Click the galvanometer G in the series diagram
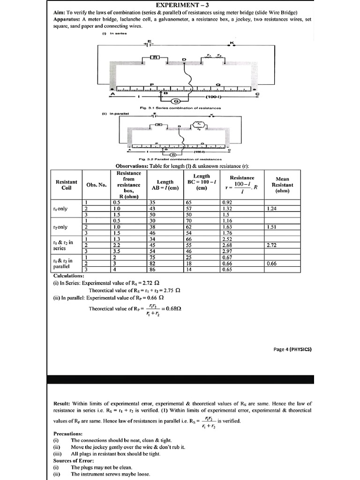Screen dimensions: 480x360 tap(176, 101)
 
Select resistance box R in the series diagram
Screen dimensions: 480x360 tap(155, 57)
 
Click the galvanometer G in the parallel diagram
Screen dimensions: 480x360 tap(173, 154)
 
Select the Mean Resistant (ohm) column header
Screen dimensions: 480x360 tap(282, 185)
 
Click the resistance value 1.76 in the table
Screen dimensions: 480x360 tap(228, 232)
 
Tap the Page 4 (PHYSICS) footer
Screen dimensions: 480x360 tap(292, 349)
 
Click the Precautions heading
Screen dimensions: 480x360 tap(68, 434)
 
